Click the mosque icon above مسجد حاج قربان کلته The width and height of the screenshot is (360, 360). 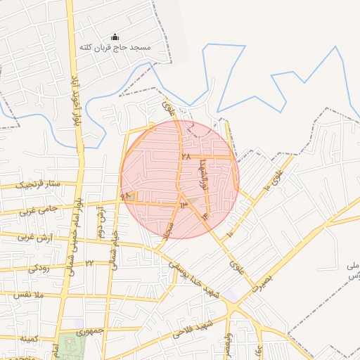[x=116, y=37]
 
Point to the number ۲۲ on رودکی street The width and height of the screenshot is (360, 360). [x=90, y=263]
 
